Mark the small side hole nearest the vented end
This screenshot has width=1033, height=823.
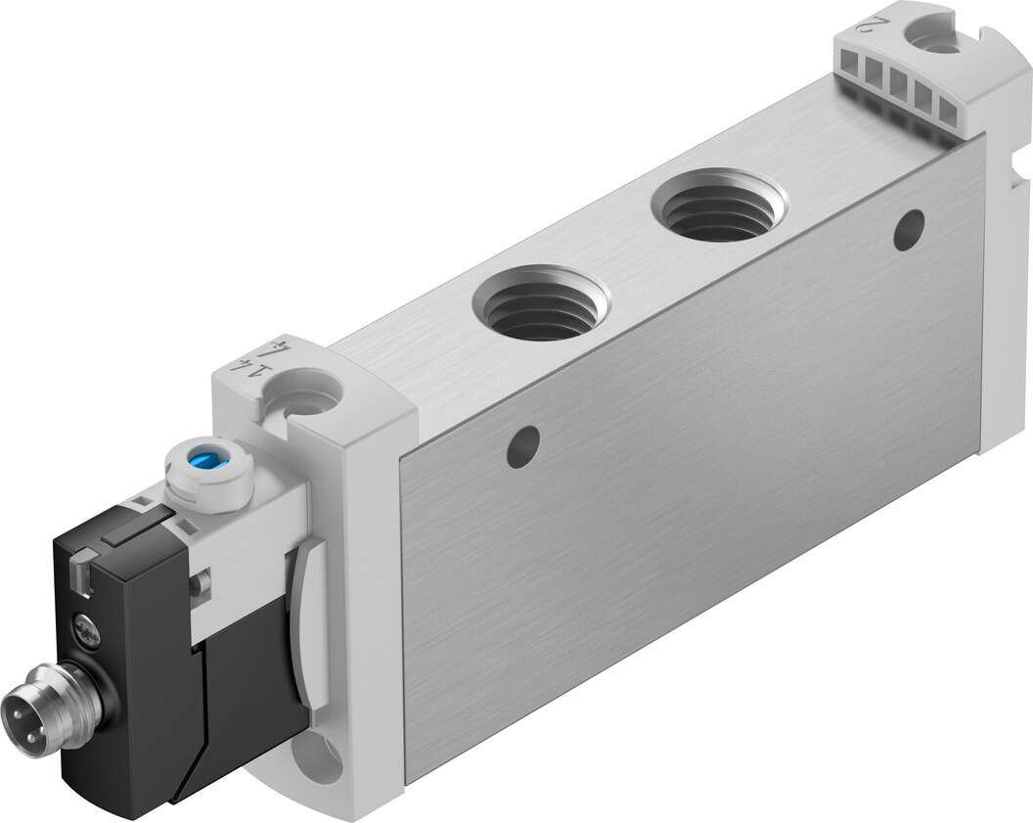(909, 227)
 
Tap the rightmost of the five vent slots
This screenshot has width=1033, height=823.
(947, 112)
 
